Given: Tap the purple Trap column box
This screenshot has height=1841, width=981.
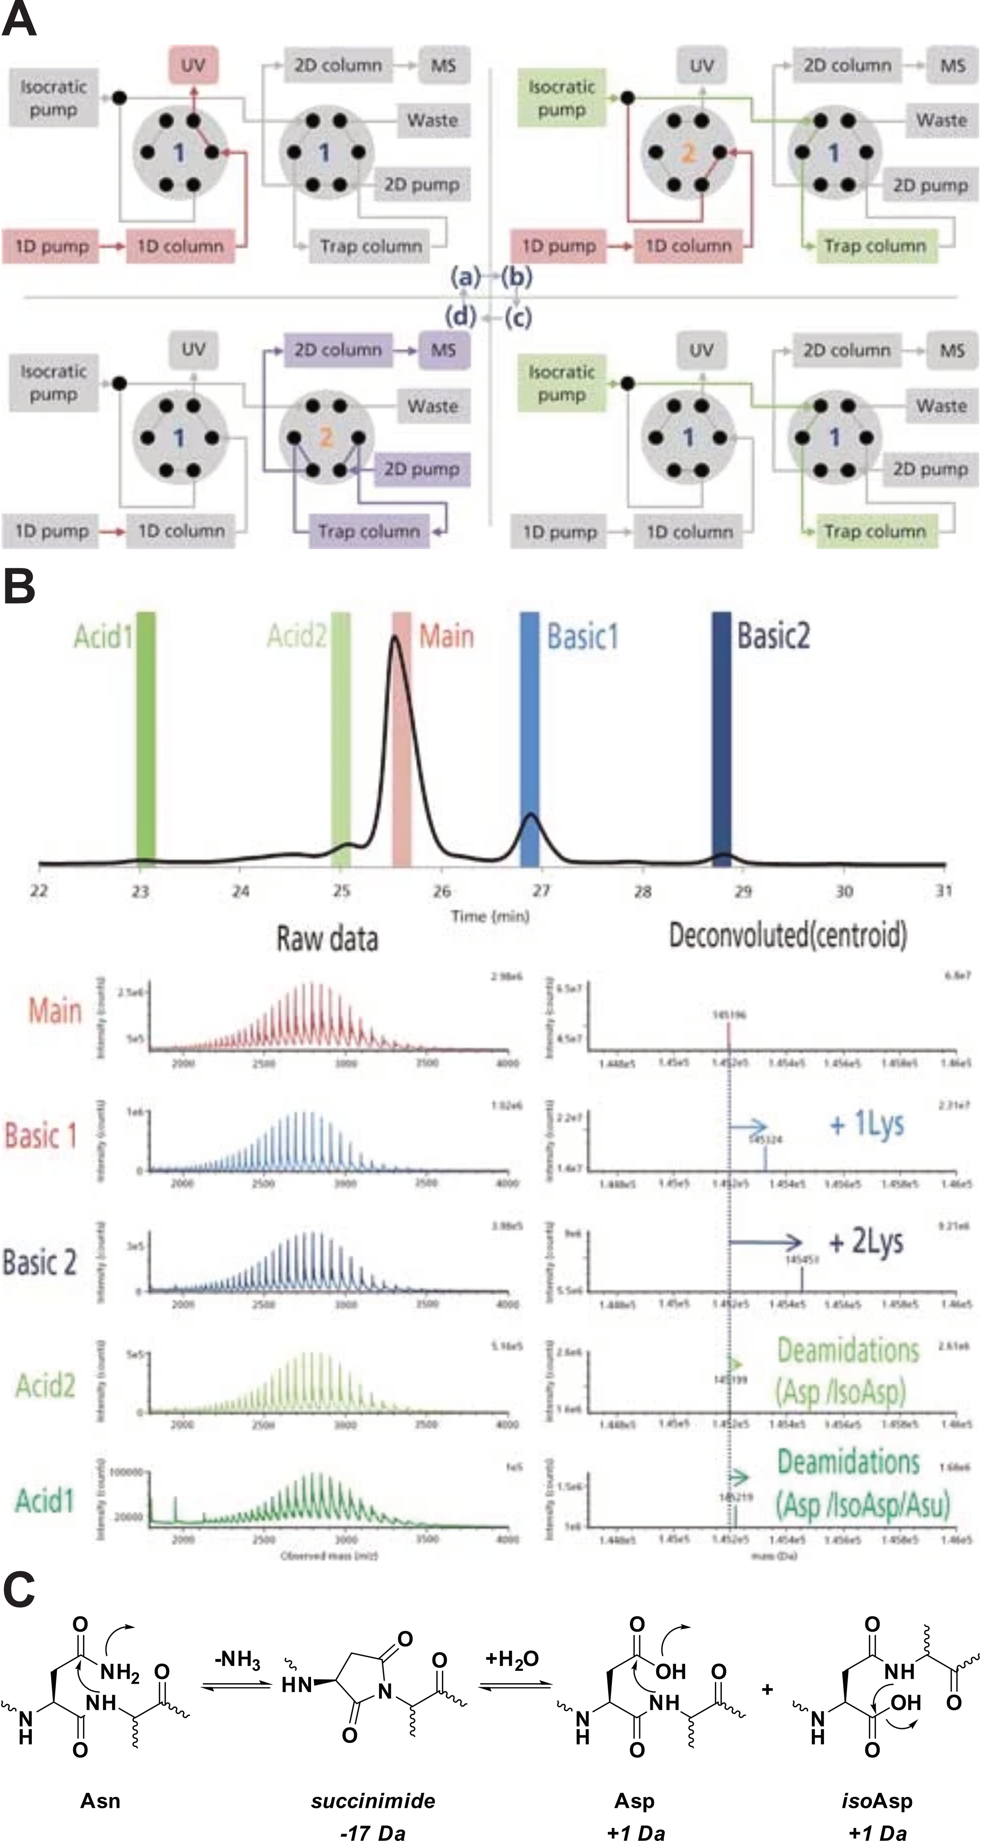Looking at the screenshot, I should pos(369,531).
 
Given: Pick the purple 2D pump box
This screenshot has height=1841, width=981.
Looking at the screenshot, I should pos(421,469).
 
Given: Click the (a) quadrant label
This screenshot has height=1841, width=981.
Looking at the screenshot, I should pos(465,276).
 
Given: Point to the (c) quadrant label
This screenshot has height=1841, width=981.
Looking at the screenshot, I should pos(518,316).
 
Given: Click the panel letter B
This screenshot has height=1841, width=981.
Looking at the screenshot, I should pos(19,588).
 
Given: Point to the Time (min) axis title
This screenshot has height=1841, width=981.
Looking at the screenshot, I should pos(490,916).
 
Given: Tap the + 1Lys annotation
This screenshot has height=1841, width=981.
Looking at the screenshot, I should pos(867,1124).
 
